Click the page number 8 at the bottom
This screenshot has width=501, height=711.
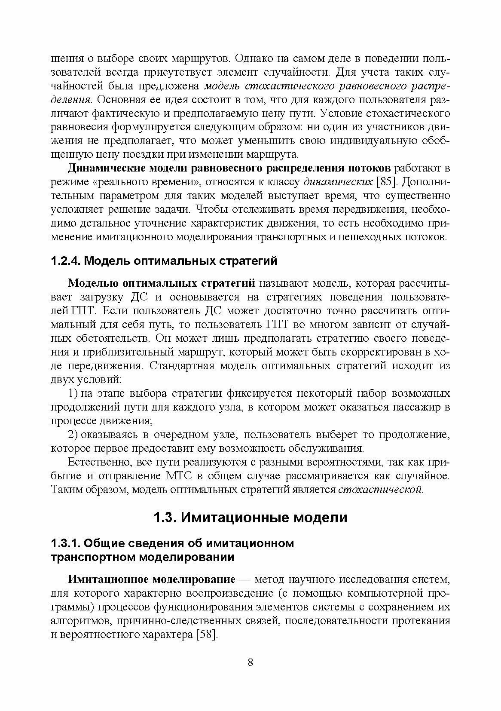(250, 674)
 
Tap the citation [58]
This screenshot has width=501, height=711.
(207, 634)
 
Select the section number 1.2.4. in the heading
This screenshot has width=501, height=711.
(65, 261)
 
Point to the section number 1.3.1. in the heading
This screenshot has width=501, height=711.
(65, 543)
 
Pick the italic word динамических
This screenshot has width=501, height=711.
(338, 181)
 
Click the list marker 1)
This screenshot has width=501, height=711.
(73, 393)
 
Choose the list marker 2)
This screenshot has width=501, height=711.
(73, 435)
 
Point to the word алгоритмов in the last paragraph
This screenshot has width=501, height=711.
(79, 621)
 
